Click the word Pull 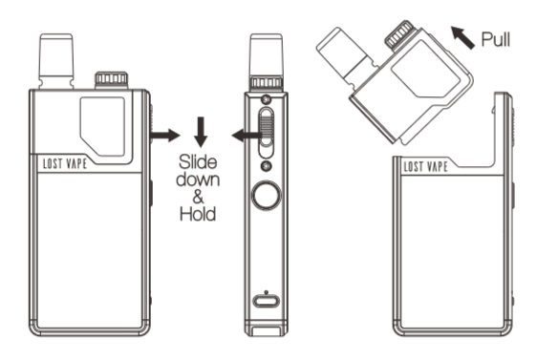click(496, 39)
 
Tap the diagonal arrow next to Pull click(463, 37)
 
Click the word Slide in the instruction click(198, 162)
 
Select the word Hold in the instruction click(198, 214)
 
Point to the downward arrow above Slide click(201, 132)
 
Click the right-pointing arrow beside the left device click(164, 136)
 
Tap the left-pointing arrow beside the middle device click(247, 136)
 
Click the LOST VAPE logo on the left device click(65, 163)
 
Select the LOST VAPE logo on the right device click(425, 166)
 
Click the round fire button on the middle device click(267, 196)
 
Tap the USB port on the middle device click(267, 302)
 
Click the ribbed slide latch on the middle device click(267, 133)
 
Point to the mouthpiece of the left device click(56, 61)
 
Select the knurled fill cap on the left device click(112, 80)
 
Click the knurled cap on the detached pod click(400, 33)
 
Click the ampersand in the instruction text click(198, 197)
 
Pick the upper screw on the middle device click(267, 99)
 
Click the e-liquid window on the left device click(102, 126)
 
